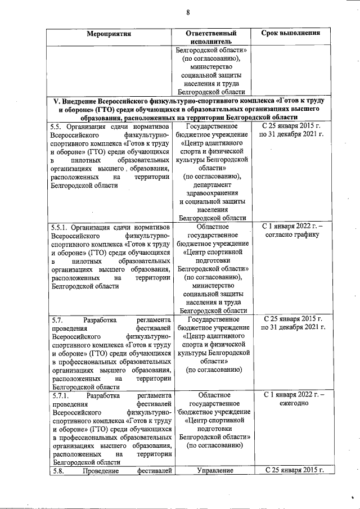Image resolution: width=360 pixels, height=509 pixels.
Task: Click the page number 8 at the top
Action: (188, 12)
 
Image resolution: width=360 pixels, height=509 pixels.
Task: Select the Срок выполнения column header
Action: (291, 33)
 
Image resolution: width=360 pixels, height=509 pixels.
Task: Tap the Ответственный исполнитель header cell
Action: (211, 37)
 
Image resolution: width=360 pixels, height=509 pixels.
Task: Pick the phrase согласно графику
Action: (291, 235)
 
